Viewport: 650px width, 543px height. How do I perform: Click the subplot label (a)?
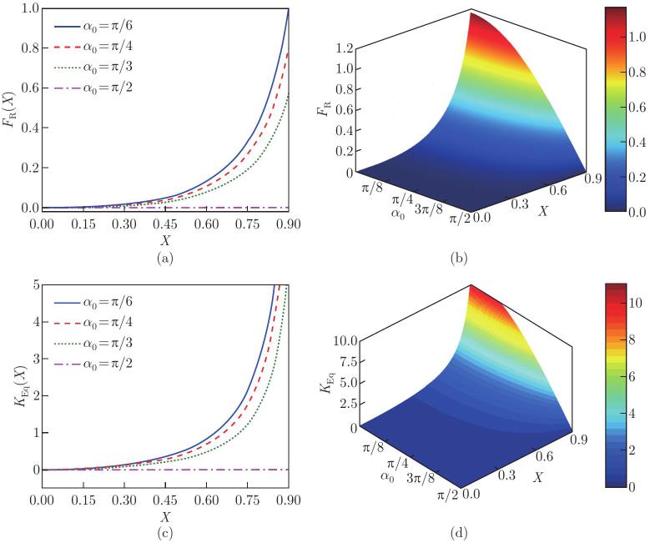tap(164, 258)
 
